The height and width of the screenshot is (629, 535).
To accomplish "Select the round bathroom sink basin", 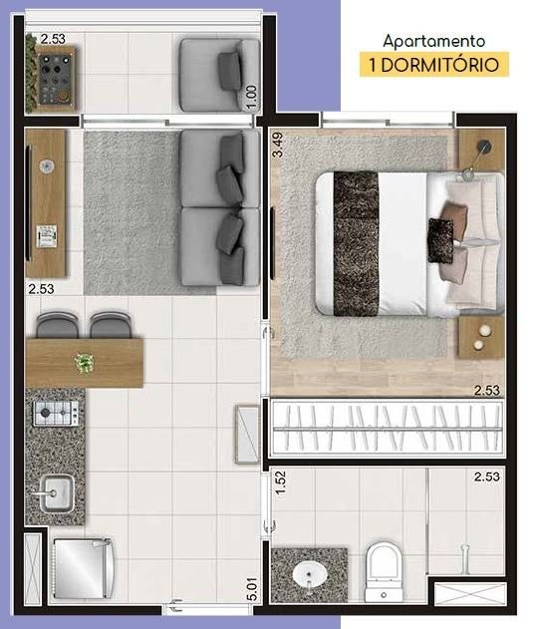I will pyautogui.click(x=309, y=577).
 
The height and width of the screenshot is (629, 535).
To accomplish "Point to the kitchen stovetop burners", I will pyautogui.click(x=56, y=413).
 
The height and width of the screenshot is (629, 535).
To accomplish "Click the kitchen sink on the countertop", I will pyautogui.click(x=56, y=490).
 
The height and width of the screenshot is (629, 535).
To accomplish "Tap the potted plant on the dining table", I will pyautogui.click(x=85, y=363).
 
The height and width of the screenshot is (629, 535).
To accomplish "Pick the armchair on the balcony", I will pyautogui.click(x=218, y=74).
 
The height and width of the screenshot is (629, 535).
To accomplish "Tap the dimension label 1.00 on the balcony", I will pyautogui.click(x=252, y=96).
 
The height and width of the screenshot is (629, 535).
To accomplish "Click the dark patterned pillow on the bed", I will pyautogui.click(x=440, y=240).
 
